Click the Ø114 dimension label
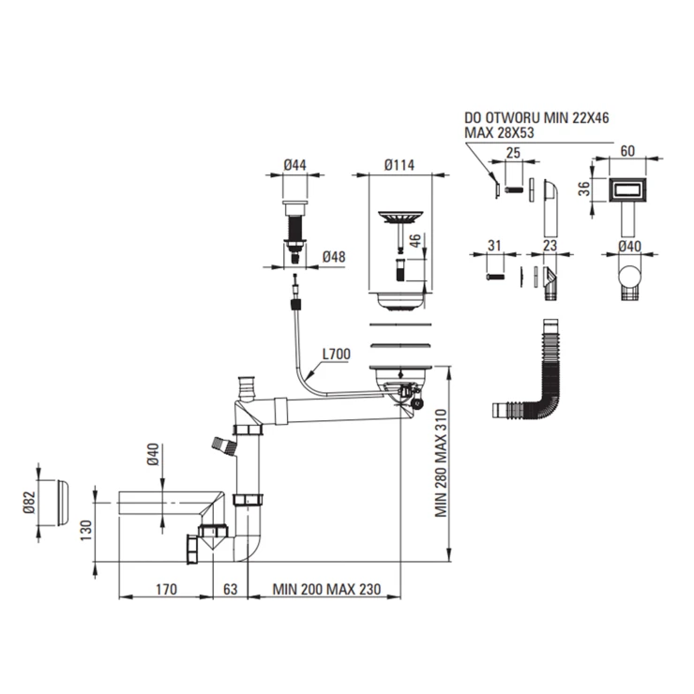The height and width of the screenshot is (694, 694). coord(400,165)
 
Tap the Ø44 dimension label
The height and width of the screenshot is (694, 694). coord(294,165)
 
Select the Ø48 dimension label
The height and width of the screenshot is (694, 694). coord(334,257)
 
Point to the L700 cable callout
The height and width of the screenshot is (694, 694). coord(337,355)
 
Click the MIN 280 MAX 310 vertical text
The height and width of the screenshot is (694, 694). coord(441,463)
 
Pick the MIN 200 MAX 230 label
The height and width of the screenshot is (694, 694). coord(326,590)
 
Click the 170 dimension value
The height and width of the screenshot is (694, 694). coord(166,590)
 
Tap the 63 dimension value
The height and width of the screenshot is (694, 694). coord(230,590)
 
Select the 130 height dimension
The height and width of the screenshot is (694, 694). coord(86,530)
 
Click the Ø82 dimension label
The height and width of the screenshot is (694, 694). coord(30,503)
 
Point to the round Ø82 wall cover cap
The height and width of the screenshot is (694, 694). coord(63,503)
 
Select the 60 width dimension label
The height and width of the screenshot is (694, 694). coord(627,151)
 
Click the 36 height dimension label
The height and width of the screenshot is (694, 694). coord(584,189)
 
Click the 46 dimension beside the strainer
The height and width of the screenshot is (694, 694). coord(415,241)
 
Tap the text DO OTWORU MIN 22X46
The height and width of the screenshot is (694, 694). coord(536,118)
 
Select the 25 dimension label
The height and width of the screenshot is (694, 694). coord(513,153)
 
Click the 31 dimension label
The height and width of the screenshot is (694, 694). coord(494,246)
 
